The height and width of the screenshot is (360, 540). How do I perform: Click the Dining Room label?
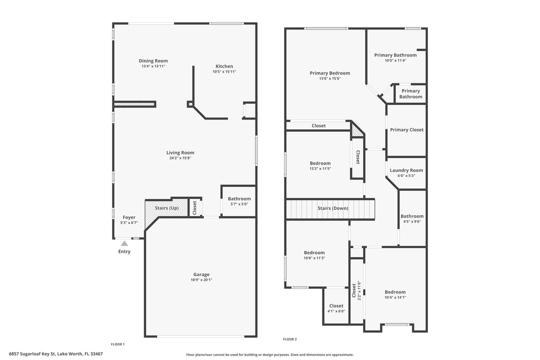coord(153,61)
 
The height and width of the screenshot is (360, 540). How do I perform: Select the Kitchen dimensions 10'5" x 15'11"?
coord(224,72)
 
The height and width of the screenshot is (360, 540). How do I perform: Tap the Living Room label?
coord(180,153)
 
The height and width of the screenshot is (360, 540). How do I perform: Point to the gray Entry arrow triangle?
coord(124,243)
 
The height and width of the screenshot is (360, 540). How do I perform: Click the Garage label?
coord(201,274)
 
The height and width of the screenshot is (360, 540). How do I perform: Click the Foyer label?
coord(129,217)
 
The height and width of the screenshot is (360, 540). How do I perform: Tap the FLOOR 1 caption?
coord(117,344)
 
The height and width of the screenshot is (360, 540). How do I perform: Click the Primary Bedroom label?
coord(329,73)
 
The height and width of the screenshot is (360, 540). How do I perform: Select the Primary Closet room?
coord(406,130)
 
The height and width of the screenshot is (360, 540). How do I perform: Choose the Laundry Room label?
coord(406,170)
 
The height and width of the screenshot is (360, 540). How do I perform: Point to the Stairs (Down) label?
coord(333,208)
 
